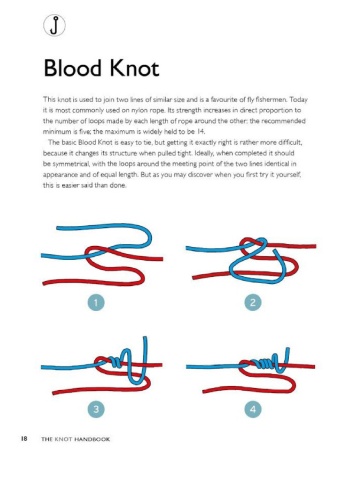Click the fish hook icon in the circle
pyautogui.click(x=54, y=25)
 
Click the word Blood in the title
pyautogui.click(x=72, y=68)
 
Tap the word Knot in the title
pyautogui.click(x=134, y=68)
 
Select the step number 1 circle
pyautogui.click(x=96, y=303)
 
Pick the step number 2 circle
pyautogui.click(x=253, y=303)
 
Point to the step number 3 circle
pyautogui.click(x=96, y=409)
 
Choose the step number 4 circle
pyautogui.click(x=253, y=409)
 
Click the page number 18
pyautogui.click(x=24, y=439)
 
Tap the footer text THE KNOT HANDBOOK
pyautogui.click(x=76, y=439)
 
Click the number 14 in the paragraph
pyautogui.click(x=200, y=131)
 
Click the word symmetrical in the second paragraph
pyautogui.click(x=71, y=164)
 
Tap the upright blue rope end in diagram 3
pyautogui.click(x=145, y=338)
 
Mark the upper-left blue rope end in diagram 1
pyautogui.click(x=58, y=228)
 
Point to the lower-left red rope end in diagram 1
pyautogui.click(x=44, y=284)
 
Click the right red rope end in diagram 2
pyautogui.click(x=314, y=246)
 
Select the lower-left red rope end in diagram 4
pyautogui.click(x=204, y=391)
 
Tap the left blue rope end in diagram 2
pyautogui.click(x=187, y=248)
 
